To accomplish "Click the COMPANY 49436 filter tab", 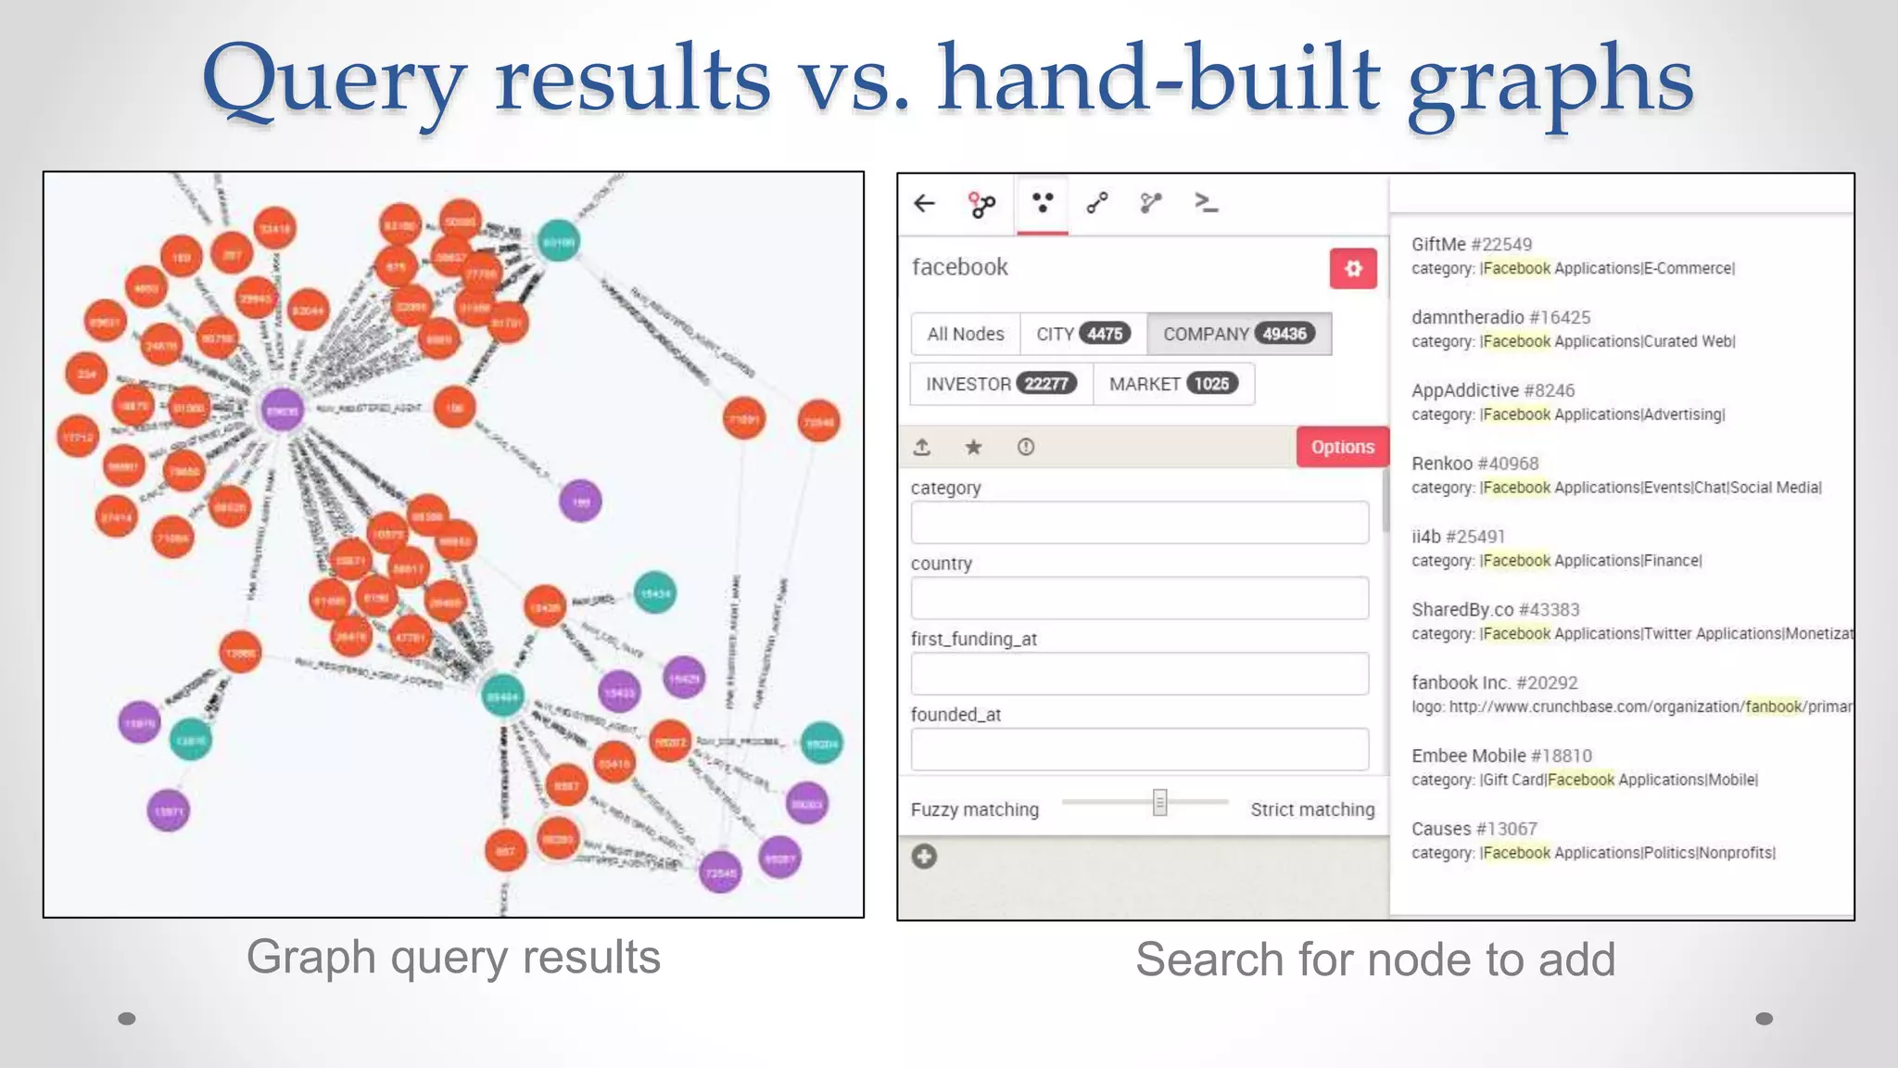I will pos(1238,334).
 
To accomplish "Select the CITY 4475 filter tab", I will pos(1082,334).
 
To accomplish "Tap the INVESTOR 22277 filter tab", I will pos(1001,384).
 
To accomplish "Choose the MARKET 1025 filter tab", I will pos(1173,384).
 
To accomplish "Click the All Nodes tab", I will pos(965,334).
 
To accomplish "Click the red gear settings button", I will pos(1353,269).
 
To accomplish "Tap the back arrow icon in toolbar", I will pos(924,204).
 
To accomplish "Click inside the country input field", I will pos(1139,598).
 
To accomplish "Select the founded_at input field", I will pos(1139,749).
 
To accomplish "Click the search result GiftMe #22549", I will pos(1471,245).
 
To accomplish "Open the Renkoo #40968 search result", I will pos(1474,464).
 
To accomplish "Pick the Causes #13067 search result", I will pos(1473,829).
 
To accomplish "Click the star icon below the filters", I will pos(973,448).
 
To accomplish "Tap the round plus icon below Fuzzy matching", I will pos(924,856).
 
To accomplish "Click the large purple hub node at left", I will pos(282,410).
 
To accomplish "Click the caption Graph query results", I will pos(453,958).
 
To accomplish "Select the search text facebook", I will pos(959,268).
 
